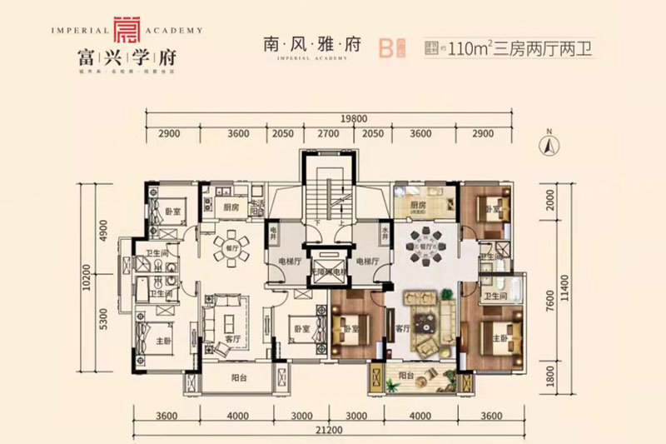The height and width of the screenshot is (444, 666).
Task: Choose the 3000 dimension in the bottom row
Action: [x=357, y=417]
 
